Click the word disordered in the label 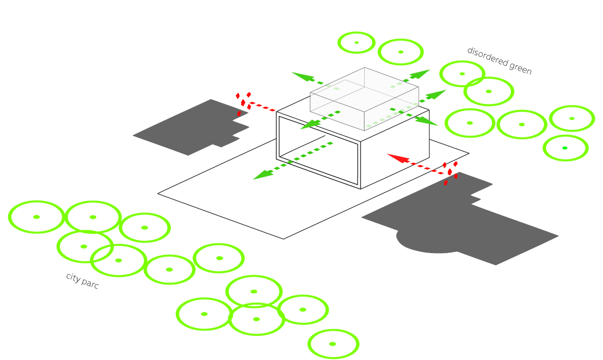[x=487, y=56]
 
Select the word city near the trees [x=73, y=277]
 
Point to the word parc [x=90, y=284]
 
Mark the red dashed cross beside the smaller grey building [x=243, y=104]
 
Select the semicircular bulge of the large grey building [x=427, y=241]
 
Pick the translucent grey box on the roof [x=365, y=99]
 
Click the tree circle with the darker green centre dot [x=566, y=148]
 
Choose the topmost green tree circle [x=357, y=43]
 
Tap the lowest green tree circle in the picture [x=333, y=344]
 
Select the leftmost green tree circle [x=36, y=217]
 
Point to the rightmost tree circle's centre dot [x=572, y=118]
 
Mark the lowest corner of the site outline [x=283, y=239]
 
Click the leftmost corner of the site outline [x=158, y=193]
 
